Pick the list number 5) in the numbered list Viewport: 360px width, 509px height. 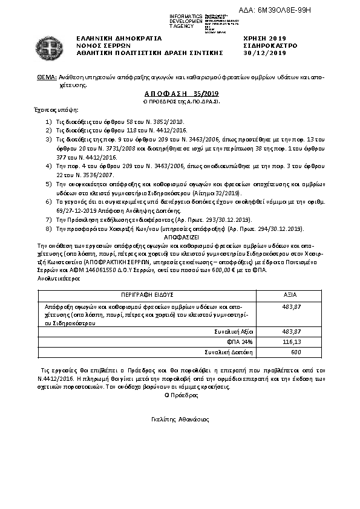pos(49,182)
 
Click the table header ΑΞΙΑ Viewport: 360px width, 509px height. pos(290,294)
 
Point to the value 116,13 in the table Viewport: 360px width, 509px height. pos(292,342)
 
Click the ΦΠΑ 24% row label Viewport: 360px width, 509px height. pos(240,342)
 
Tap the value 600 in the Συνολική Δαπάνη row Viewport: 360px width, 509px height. pos(296,351)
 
